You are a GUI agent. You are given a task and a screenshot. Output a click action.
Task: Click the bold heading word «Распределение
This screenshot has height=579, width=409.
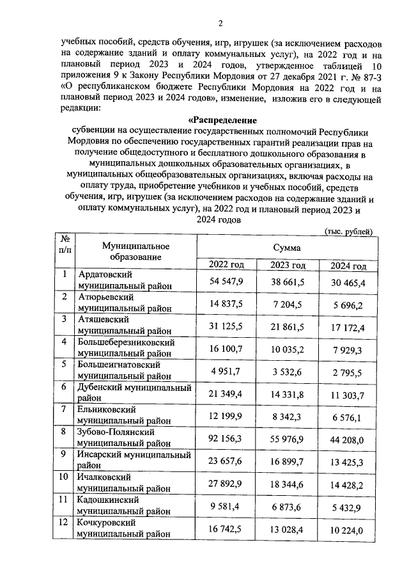click(222, 120)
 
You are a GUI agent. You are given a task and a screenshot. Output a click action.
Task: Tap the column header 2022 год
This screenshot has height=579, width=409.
click(227, 266)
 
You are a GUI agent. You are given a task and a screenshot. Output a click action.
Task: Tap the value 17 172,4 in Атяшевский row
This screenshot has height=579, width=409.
click(348, 328)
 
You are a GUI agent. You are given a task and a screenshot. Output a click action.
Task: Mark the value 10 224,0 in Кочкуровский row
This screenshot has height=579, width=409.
click(348, 530)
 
